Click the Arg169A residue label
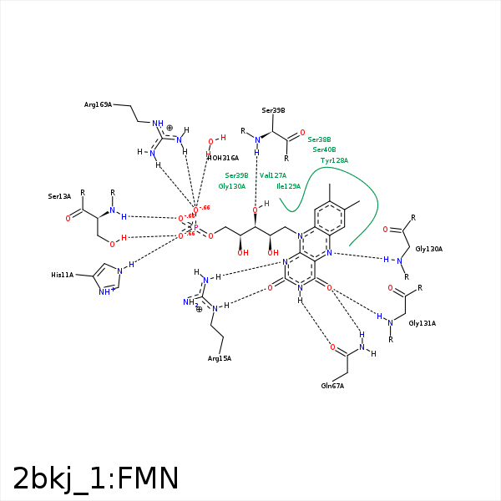(x=98, y=104)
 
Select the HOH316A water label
(x=223, y=158)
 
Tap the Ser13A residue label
(x=59, y=196)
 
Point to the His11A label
(x=63, y=275)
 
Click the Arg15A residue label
(x=220, y=358)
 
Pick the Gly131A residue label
(x=422, y=322)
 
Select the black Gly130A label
(x=428, y=249)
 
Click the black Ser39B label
(x=273, y=110)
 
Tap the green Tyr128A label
(x=334, y=159)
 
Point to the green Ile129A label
(x=288, y=186)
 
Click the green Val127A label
(x=273, y=175)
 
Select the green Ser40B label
(x=324, y=149)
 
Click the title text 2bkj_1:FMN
(x=96, y=478)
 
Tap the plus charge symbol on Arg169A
(x=170, y=128)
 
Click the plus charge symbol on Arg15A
(x=199, y=309)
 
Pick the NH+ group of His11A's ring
(x=106, y=291)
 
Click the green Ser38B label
(x=319, y=139)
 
